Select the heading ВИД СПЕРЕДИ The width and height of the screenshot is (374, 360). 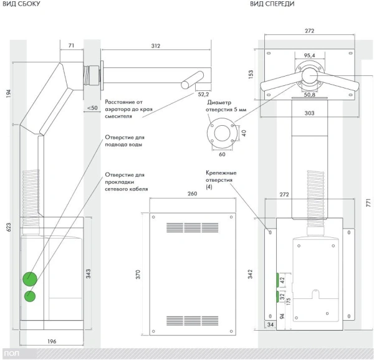point(272,4)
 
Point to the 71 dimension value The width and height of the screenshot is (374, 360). point(71,45)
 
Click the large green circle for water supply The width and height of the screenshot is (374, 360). point(29,278)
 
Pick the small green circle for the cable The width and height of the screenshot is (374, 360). point(29,295)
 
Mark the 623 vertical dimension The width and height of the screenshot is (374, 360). point(7,227)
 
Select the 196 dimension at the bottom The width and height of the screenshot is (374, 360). point(52,341)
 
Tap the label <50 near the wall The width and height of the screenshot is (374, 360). point(92,108)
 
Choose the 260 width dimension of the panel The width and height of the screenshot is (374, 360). point(192,194)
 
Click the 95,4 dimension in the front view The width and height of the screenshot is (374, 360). point(309,55)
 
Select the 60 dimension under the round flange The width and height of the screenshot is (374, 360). point(223,153)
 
